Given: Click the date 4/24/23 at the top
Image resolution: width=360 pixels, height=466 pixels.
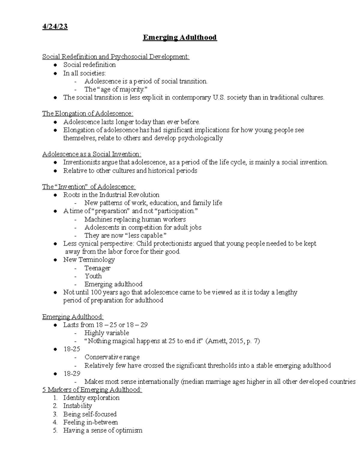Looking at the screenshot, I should (x=55, y=27).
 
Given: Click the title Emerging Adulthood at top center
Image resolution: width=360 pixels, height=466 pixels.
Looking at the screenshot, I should (x=180, y=38).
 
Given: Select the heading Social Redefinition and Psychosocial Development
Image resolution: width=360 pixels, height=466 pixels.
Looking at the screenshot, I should (x=116, y=57).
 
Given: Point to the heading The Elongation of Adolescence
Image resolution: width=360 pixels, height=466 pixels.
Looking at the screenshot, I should (x=88, y=114).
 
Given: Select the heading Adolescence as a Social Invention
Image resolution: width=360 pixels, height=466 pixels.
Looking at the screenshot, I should (x=91, y=154).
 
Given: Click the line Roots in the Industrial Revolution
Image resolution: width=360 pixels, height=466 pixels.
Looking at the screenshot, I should (x=111, y=195).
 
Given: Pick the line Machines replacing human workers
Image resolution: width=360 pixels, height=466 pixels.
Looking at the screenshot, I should (x=135, y=219).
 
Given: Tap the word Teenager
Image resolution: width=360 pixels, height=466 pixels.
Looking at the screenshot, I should (x=97, y=268).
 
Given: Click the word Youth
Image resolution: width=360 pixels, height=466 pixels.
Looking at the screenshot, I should (x=93, y=276).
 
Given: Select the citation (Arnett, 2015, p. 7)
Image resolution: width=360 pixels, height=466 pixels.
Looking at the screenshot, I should (x=232, y=341).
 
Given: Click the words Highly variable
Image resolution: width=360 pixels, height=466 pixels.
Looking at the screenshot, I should (x=106, y=333).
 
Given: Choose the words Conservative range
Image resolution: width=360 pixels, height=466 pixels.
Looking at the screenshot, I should (x=112, y=357).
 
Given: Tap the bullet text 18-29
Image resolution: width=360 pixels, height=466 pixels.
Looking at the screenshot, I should (x=72, y=374).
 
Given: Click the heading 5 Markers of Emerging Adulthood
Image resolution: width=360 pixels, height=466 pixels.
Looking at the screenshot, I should (x=92, y=390).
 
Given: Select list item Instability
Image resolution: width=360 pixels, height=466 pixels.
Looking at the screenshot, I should (x=77, y=406).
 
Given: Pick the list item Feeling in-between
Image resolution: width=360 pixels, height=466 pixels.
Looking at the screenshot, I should (x=90, y=422).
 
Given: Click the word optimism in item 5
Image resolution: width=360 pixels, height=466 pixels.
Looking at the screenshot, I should (x=129, y=431).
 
